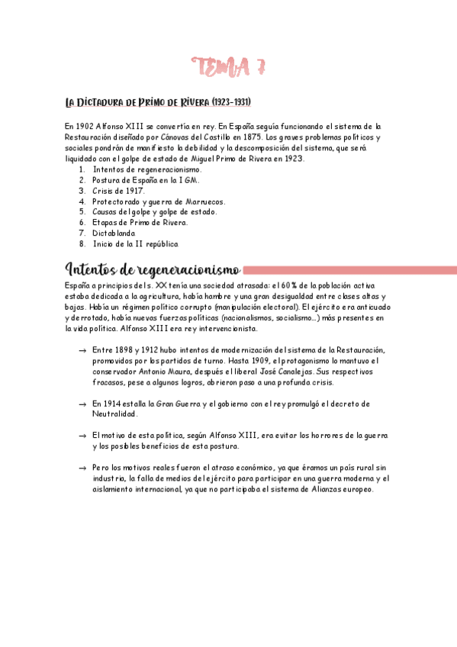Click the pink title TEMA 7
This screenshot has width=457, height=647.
[229, 67]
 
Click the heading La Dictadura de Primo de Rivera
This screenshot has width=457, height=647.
[159, 102]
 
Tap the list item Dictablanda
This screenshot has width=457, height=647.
[114, 233]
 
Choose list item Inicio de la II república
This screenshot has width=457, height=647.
[135, 244]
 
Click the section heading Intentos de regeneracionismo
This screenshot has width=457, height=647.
[153, 270]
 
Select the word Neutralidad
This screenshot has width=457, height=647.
[114, 414]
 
